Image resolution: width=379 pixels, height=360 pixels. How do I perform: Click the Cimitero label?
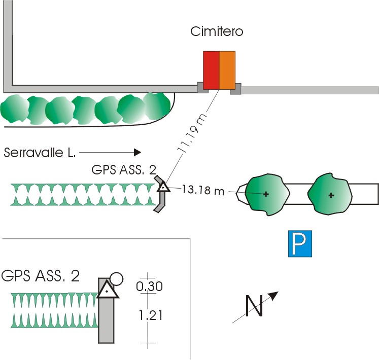coord(217,31)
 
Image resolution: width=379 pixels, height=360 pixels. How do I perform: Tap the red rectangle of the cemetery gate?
coord(211,70)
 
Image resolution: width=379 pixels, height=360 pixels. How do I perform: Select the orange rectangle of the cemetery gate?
coord(227,70)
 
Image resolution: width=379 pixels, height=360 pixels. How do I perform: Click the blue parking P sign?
coord(300,243)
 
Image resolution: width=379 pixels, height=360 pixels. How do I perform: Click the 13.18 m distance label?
coord(203,190)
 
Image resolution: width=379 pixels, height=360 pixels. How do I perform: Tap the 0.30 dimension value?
coord(149,286)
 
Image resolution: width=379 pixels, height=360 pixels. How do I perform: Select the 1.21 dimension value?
coord(150,315)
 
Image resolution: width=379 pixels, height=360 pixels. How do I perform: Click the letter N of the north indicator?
coord(254,306)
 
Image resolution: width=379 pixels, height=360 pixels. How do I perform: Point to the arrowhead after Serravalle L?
coord(137,152)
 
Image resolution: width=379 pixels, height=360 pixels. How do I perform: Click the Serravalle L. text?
coord(40,153)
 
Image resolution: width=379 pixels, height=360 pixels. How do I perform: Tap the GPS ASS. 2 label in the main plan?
coord(124,170)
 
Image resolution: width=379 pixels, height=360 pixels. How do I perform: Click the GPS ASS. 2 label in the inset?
coord(41,275)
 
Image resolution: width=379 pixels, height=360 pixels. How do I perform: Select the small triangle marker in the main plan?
coord(164,187)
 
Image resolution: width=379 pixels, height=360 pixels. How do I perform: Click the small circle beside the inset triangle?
coord(117,279)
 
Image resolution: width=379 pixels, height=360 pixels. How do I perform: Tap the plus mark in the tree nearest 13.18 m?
coord(266,194)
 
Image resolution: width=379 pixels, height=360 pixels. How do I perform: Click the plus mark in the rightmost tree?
coord(331,195)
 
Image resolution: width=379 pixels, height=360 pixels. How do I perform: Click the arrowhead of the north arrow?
coord(274,296)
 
